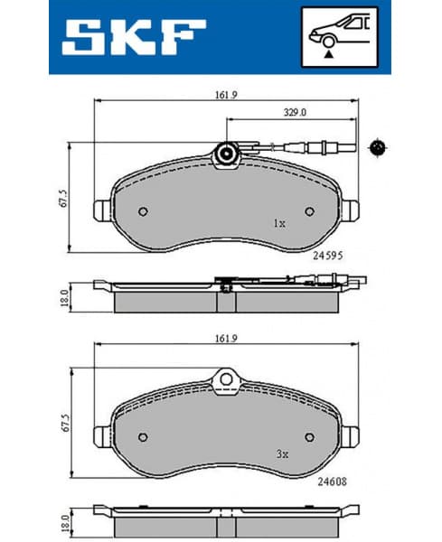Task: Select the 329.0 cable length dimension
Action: tap(289, 113)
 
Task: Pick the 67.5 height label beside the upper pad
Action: tap(63, 198)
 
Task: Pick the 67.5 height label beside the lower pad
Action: tap(63, 425)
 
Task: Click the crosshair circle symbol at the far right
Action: tap(378, 146)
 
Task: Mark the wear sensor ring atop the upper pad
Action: tap(224, 155)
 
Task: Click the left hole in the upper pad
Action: tap(142, 211)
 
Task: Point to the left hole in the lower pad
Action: tap(142, 438)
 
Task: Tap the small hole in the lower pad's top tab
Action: tap(224, 379)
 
